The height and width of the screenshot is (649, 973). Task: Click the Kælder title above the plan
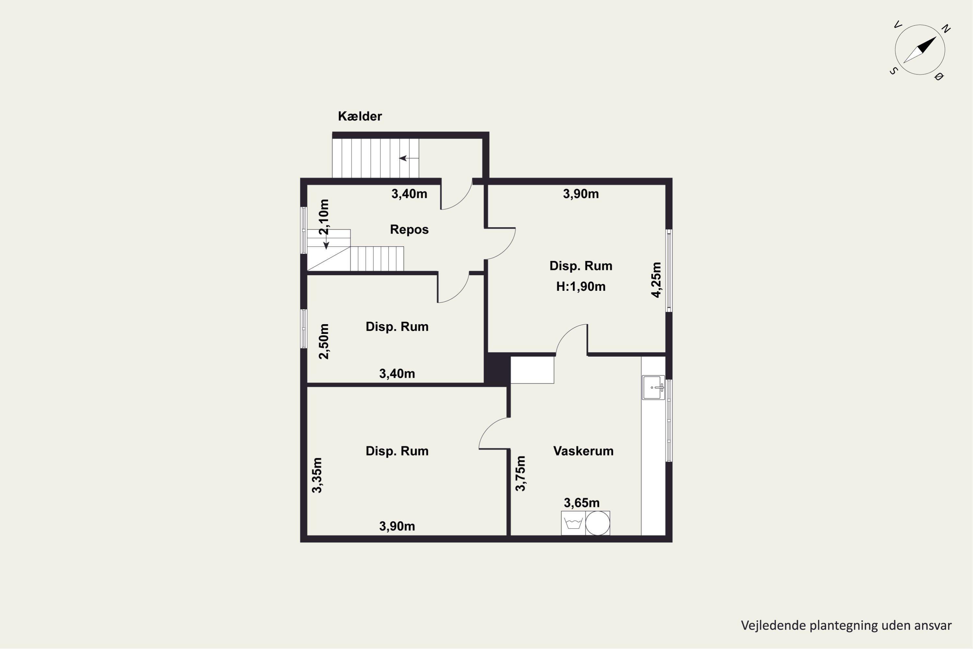tap(359, 116)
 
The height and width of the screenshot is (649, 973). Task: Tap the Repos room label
tap(409, 229)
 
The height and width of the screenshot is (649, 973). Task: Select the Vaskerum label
tap(583, 451)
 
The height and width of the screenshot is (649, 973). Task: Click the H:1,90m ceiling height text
tap(581, 287)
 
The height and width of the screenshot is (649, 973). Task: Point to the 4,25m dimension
tap(656, 280)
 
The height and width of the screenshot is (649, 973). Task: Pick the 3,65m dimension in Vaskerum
tap(582, 503)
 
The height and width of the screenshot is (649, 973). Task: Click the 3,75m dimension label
tap(521, 473)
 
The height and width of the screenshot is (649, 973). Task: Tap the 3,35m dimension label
tap(317, 475)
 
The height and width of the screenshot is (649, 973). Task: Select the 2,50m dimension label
tap(324, 341)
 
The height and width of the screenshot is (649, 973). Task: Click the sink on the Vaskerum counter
tap(653, 387)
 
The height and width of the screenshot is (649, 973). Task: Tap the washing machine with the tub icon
tap(573, 523)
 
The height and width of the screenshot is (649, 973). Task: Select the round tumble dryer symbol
tap(598, 523)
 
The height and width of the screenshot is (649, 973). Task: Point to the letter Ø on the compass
tap(938, 77)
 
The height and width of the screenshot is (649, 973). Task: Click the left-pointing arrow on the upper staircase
tap(409, 158)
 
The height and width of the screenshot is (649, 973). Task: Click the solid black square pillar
tap(497, 369)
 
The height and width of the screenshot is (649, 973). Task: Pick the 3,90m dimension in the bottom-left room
tap(397, 526)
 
